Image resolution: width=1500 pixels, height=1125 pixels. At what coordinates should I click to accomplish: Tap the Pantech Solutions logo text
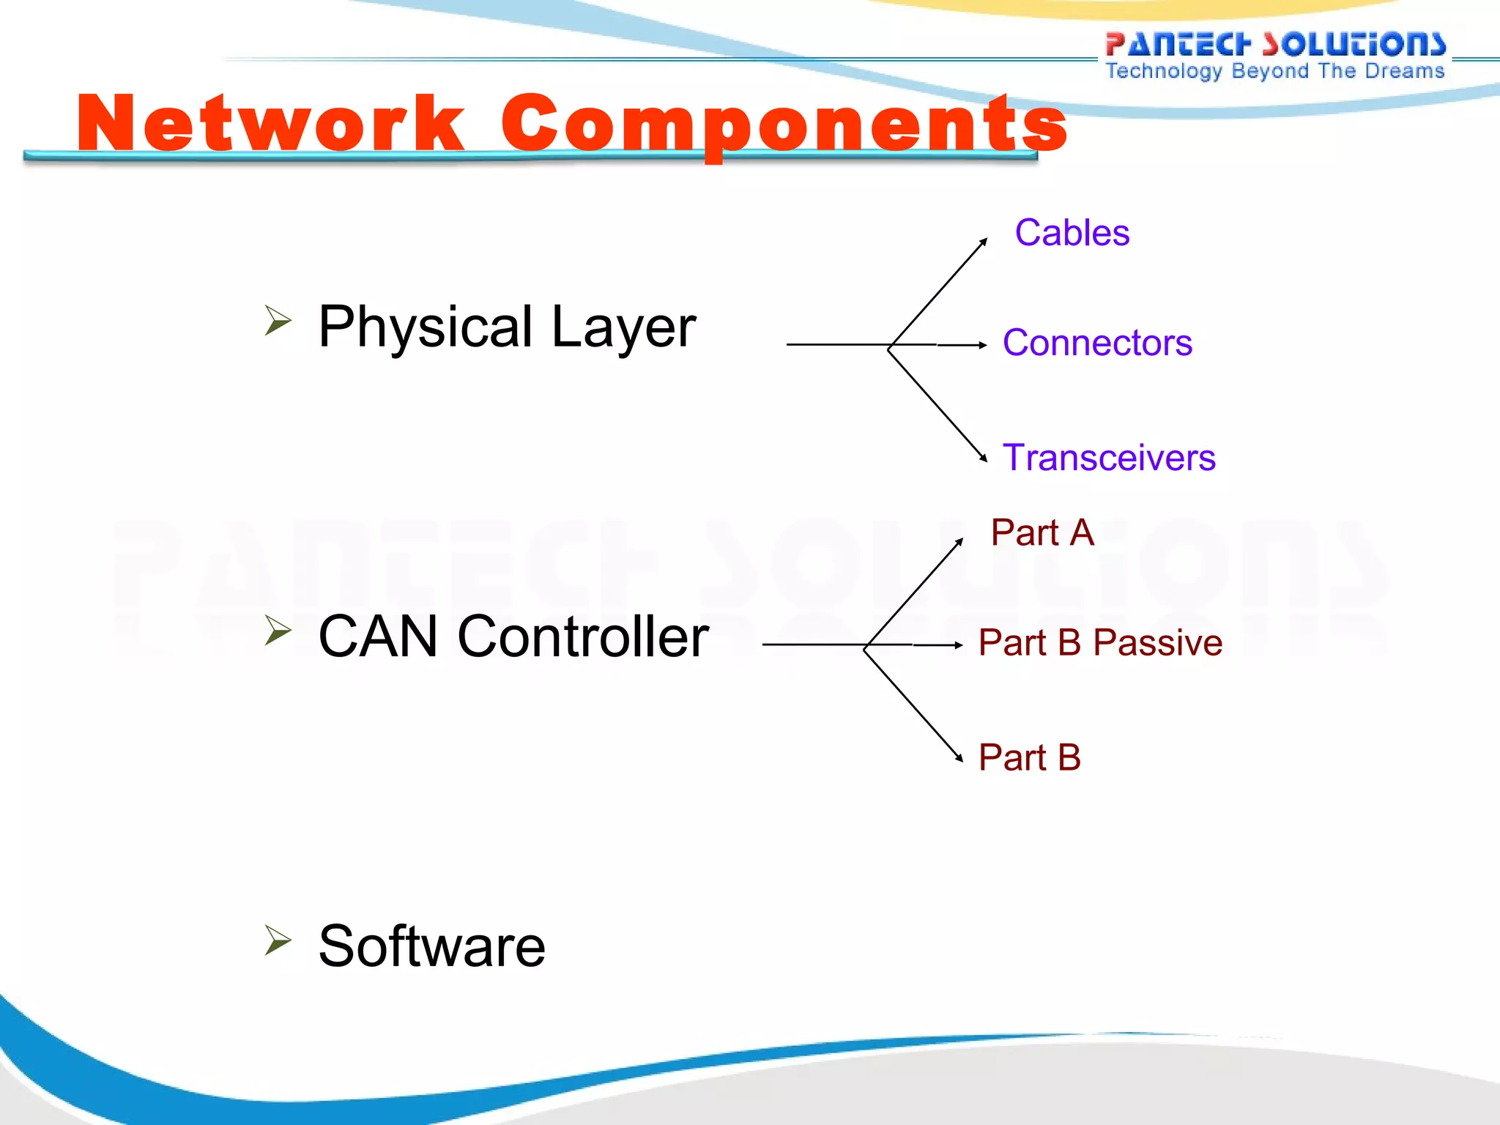[x=1275, y=44]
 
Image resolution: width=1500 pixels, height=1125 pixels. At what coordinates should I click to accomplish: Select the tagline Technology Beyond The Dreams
[x=1275, y=71]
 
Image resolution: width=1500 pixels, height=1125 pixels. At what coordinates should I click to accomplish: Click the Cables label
[x=1072, y=233]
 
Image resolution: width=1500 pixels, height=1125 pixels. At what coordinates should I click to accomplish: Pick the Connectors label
[x=1097, y=343]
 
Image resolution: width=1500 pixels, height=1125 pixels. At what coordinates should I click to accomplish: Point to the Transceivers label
[x=1109, y=458]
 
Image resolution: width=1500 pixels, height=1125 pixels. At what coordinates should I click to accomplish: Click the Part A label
[x=1042, y=532]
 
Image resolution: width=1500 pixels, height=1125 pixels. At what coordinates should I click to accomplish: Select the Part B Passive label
[x=1100, y=642]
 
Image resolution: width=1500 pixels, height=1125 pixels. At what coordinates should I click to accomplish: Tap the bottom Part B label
[x=1030, y=757]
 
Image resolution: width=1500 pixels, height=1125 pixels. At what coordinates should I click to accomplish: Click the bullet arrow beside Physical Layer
[x=278, y=320]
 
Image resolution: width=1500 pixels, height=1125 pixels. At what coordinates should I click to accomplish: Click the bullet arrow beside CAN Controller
[x=278, y=630]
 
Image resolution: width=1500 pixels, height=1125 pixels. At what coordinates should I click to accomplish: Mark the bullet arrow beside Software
[x=278, y=940]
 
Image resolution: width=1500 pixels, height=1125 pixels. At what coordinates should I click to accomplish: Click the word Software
[x=432, y=946]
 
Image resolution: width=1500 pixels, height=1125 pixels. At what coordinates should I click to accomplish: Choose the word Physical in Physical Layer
[x=426, y=327]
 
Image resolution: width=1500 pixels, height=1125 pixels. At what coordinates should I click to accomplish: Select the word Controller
[x=583, y=636]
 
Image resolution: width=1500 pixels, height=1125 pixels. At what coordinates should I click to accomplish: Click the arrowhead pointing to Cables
[x=984, y=242]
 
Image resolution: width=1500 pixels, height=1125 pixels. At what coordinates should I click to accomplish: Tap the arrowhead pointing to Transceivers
[x=984, y=458]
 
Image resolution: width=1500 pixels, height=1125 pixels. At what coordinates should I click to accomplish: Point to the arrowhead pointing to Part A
[x=959, y=542]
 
